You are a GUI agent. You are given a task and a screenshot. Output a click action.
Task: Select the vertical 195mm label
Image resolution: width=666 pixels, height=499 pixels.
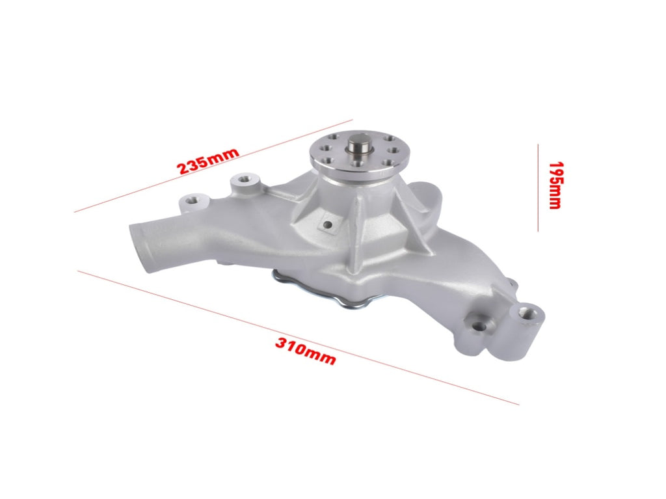[x=555, y=185]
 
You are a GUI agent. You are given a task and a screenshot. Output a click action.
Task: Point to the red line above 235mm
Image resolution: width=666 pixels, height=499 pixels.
[x=213, y=165]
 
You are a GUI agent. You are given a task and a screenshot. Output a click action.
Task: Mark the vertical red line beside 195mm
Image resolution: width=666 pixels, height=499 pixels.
[x=538, y=187]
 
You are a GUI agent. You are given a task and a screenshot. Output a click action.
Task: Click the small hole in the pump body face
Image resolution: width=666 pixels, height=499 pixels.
[x=327, y=224]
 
